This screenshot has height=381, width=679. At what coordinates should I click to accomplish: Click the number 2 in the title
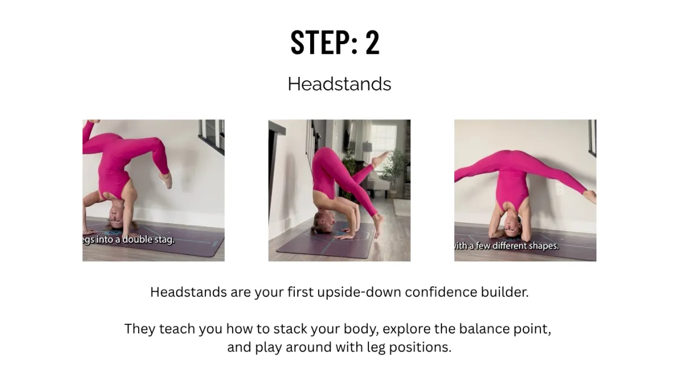(x=372, y=43)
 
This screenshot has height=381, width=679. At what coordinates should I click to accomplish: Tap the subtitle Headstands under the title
(x=339, y=84)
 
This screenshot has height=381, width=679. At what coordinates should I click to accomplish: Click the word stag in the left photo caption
(x=166, y=240)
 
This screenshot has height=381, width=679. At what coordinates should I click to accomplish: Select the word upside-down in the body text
(x=359, y=292)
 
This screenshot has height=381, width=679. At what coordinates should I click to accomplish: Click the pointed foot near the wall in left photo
(x=166, y=180)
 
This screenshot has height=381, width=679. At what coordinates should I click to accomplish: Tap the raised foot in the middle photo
(x=381, y=158)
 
